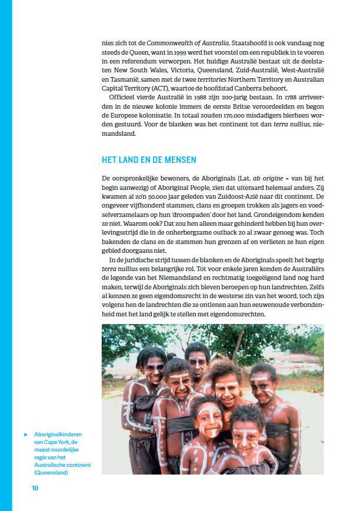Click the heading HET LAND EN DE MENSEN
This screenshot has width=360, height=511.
(x=149, y=160)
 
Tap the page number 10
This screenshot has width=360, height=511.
(x=35, y=487)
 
